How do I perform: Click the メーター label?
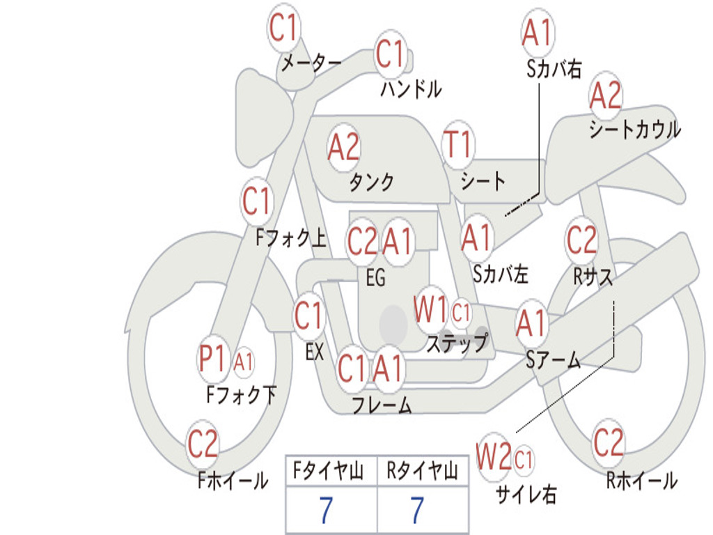311,63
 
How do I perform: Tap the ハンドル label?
411,89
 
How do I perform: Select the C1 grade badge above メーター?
284,29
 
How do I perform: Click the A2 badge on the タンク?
344,147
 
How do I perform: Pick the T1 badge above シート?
457,145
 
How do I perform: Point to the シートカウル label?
634,130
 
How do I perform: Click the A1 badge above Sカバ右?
537,32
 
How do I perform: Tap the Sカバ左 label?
500,274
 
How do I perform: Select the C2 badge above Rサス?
581,240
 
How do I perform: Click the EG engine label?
375,278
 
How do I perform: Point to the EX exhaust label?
314,352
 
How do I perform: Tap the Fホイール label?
232,481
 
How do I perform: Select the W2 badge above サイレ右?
494,458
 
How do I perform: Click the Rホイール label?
641,481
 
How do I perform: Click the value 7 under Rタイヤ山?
417,511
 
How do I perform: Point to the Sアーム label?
554,359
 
